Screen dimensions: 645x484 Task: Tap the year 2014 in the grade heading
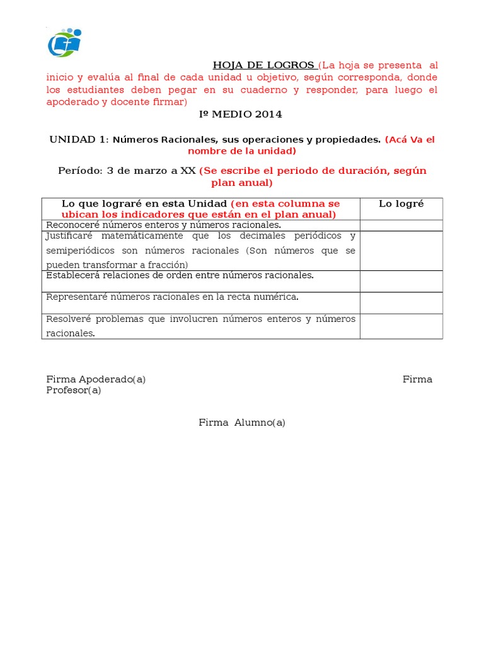(268, 114)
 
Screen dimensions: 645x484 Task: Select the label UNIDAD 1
(78, 139)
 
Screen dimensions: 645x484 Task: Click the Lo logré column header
(401, 203)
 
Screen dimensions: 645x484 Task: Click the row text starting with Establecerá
(180, 275)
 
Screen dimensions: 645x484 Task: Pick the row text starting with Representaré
(172, 297)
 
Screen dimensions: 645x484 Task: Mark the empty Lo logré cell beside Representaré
(401, 302)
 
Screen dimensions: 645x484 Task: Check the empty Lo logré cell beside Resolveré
(401, 326)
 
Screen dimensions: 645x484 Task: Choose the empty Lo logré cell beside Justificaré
(401, 250)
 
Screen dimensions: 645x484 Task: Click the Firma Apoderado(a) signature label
(96, 379)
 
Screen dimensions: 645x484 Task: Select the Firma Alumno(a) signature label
(242, 423)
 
